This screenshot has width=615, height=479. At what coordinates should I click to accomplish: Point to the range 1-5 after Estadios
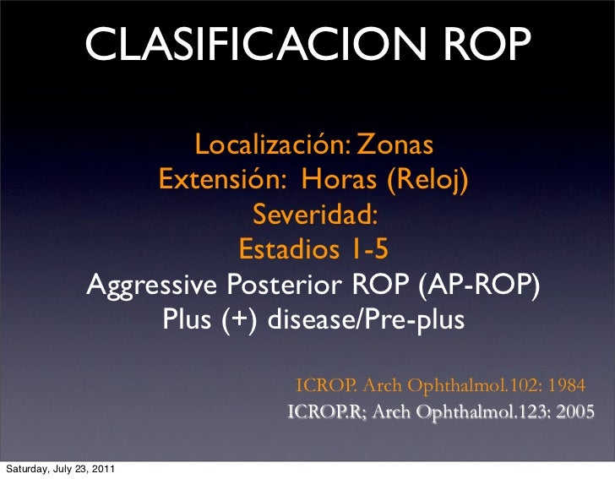(x=367, y=251)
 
